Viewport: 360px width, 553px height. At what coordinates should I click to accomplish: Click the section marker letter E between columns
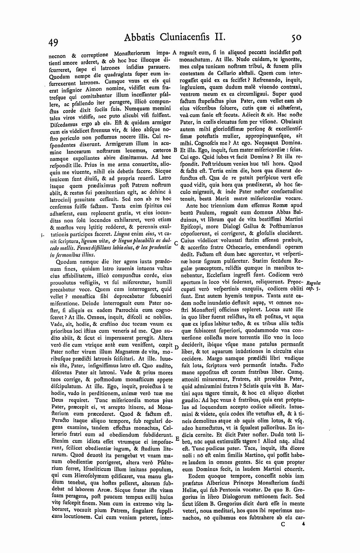click(177, 439)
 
